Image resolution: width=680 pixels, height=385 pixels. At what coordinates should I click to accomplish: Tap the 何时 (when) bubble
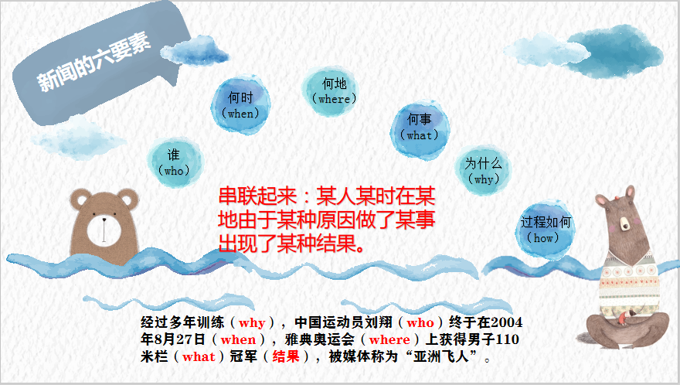tap(240, 104)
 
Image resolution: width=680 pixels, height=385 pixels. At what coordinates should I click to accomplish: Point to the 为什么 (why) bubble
tap(483, 171)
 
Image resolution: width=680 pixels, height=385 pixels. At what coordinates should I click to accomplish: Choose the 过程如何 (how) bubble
tap(546, 230)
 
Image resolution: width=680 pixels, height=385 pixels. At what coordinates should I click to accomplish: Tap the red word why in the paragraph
tap(251, 322)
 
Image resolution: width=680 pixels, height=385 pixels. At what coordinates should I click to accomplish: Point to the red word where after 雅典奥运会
tap(389, 339)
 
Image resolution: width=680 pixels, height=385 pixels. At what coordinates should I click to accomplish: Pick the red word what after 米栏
tap(199, 357)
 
